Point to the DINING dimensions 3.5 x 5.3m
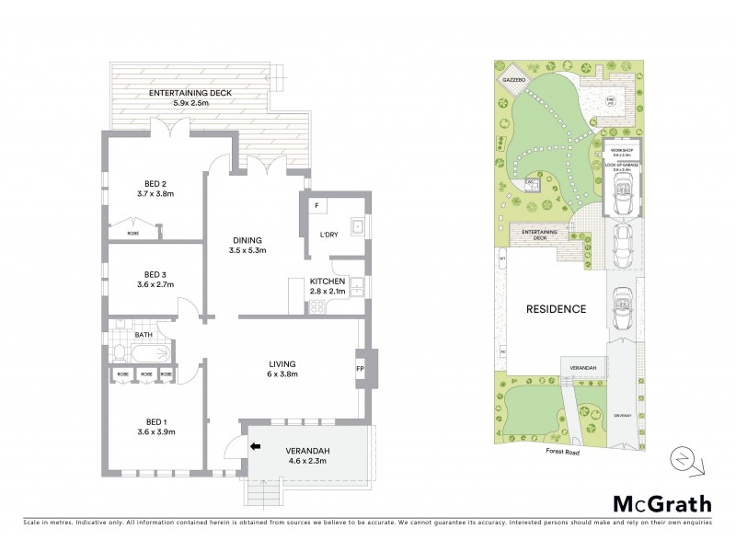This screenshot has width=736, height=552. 247,249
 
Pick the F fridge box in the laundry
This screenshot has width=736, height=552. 316,204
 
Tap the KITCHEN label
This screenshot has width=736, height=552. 327,281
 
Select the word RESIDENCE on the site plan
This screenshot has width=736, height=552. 555,309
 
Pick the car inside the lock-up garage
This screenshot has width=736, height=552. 623,191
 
